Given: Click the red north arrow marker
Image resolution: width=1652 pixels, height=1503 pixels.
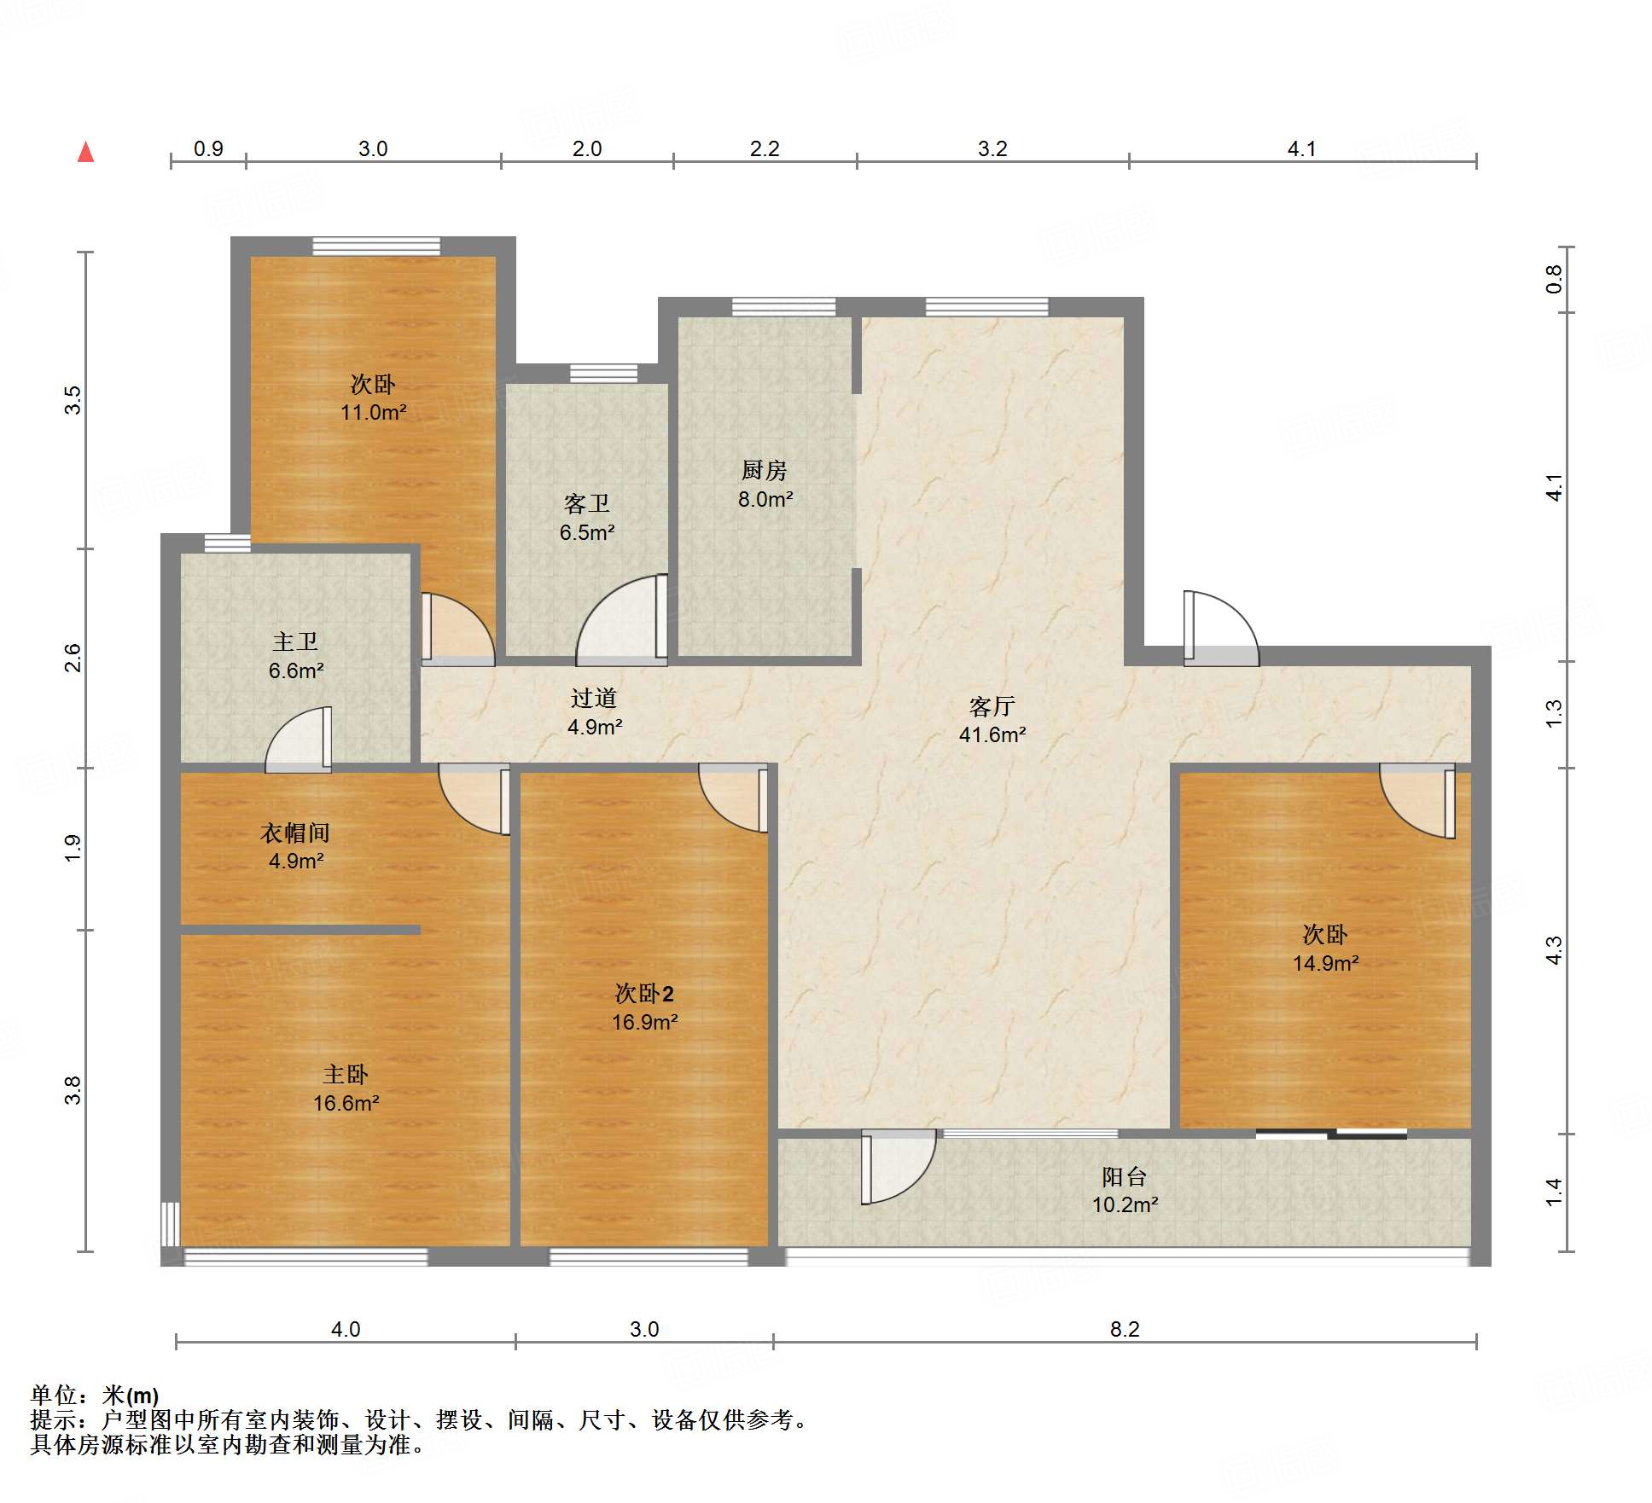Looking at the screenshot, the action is pos(85,152).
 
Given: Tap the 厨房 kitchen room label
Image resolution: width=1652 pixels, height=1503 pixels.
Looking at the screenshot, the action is pos(764,470).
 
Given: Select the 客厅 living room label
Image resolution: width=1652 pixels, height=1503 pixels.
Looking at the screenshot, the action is pos(992,706).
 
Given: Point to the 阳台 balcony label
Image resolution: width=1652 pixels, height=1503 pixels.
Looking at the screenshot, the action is pos(1124,1177).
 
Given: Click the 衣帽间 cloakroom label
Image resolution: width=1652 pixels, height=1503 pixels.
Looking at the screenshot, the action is pos(295,833).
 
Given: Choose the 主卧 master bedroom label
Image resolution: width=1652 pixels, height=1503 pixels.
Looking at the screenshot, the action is pos(346,1075).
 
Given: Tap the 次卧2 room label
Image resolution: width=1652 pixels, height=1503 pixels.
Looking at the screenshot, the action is pos(644,994).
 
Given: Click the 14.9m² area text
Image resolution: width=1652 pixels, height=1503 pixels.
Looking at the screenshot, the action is pos(1325,964).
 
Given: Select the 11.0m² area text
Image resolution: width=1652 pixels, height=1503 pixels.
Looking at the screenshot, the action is pos(373,413).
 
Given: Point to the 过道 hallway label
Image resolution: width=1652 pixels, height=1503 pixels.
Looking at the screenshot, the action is pos(594,699).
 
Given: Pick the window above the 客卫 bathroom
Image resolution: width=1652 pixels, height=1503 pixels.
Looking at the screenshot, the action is pos(603,373).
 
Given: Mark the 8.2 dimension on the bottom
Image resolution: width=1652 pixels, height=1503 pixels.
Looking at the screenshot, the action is pos(1125,1330).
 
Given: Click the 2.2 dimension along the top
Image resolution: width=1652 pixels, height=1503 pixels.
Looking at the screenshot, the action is pos(765,149).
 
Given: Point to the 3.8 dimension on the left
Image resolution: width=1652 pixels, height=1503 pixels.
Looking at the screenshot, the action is pos(73,1091).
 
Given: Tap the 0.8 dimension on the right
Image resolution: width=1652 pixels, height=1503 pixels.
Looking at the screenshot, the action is pos(1554,279).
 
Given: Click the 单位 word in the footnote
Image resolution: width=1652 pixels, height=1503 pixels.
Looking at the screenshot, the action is pos(54,1395).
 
